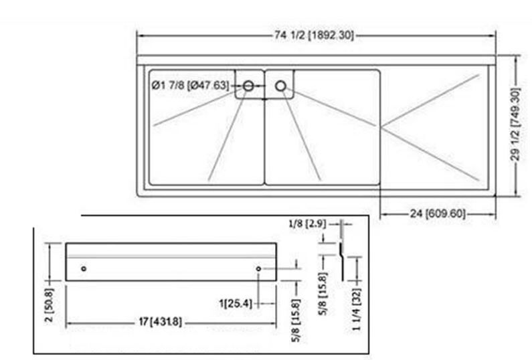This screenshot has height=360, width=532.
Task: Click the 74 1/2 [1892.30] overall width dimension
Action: (314, 35)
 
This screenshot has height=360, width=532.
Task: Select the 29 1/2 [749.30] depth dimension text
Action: (515, 124)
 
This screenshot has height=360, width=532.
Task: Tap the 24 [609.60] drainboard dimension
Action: (438, 213)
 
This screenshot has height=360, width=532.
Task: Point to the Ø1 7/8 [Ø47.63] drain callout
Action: (190, 85)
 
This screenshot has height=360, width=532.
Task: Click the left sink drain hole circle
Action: (248, 86)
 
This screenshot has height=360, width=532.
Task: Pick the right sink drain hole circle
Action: (280, 86)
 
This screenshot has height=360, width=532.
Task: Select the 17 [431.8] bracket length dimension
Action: (161, 321)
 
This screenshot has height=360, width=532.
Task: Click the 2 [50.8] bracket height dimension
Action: (50, 304)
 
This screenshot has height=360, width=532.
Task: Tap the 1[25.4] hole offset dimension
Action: (236, 303)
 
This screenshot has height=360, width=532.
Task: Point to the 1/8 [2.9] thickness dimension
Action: (307, 223)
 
